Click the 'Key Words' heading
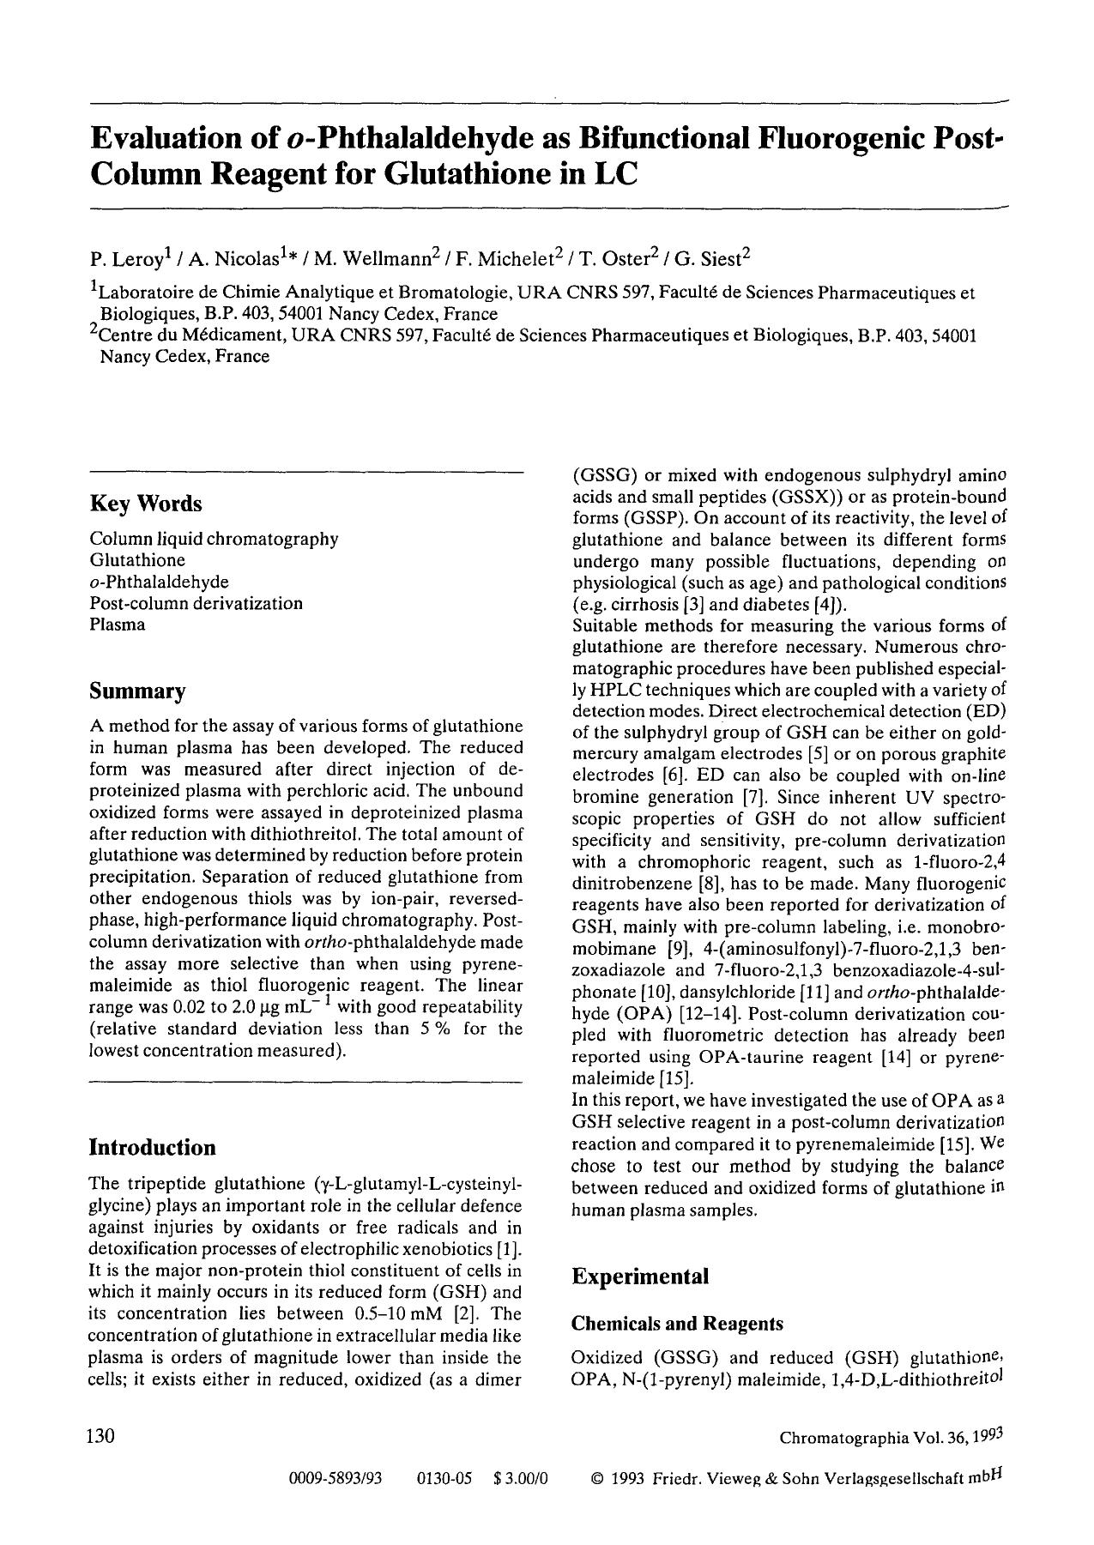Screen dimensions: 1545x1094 tap(146, 504)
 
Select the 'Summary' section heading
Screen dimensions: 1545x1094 tap(137, 691)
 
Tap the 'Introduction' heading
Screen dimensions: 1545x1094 tap(153, 1148)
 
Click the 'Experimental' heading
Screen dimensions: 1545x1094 tap(640, 1276)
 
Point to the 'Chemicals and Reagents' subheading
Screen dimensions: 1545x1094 tap(677, 1324)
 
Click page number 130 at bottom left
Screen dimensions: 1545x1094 tap(100, 1436)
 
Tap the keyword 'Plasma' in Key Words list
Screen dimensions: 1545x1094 tap(118, 625)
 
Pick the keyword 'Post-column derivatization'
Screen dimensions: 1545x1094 tap(196, 603)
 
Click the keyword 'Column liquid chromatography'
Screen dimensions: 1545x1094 tap(214, 539)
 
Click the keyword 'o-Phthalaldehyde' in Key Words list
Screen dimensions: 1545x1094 tap(159, 582)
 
